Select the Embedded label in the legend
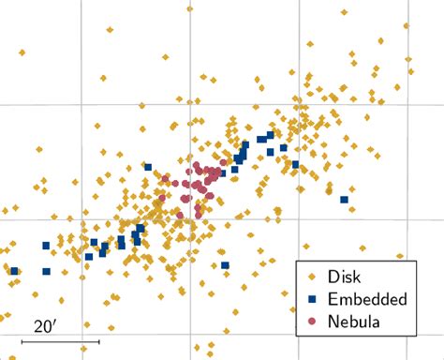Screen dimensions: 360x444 (x=367, y=299)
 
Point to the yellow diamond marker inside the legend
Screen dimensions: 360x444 (x=312, y=277)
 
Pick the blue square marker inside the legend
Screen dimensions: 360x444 (x=312, y=299)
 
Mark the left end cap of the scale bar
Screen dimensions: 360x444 (x=22, y=341)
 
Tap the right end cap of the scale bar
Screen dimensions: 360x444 (x=99, y=341)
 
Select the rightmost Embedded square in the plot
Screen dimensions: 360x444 (x=345, y=200)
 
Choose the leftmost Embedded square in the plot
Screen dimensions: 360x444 (x=14, y=271)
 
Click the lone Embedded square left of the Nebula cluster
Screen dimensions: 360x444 (x=148, y=168)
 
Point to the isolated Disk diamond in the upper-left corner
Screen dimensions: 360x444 (x=21, y=52)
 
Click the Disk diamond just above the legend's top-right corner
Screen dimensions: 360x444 (x=400, y=255)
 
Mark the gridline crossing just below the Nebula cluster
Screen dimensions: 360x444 (x=191, y=221)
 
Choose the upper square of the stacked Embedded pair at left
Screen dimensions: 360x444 (x=46, y=246)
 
